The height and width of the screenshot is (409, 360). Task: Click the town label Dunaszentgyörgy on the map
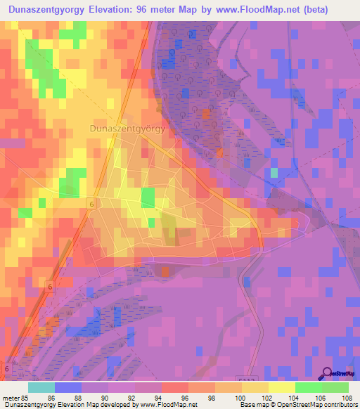(x=128, y=129)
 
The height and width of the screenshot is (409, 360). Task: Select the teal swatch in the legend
(x=41, y=387)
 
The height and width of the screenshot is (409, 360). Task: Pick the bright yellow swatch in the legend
(x=281, y=387)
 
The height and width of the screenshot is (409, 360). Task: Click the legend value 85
(x=24, y=397)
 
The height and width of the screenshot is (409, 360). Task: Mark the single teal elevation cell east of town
(x=274, y=172)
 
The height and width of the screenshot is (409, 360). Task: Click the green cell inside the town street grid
(x=148, y=197)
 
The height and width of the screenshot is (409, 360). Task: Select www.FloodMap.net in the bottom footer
(x=168, y=405)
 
